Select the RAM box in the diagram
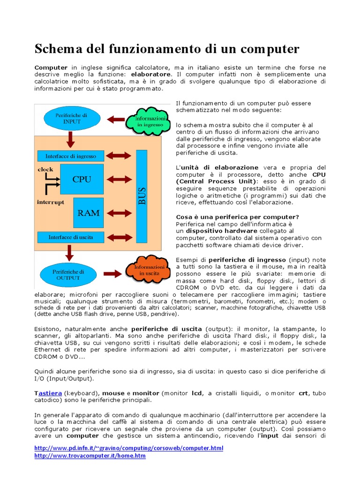coord(88,212)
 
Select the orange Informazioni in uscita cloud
coord(146,270)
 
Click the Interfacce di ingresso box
coord(70,156)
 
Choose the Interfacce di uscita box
coord(70,237)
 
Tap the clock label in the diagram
coord(45,169)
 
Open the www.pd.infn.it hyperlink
coord(129,448)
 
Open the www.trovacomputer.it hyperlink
coord(90,456)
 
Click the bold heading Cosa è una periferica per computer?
coord(237,217)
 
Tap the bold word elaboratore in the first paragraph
coord(151,75)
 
